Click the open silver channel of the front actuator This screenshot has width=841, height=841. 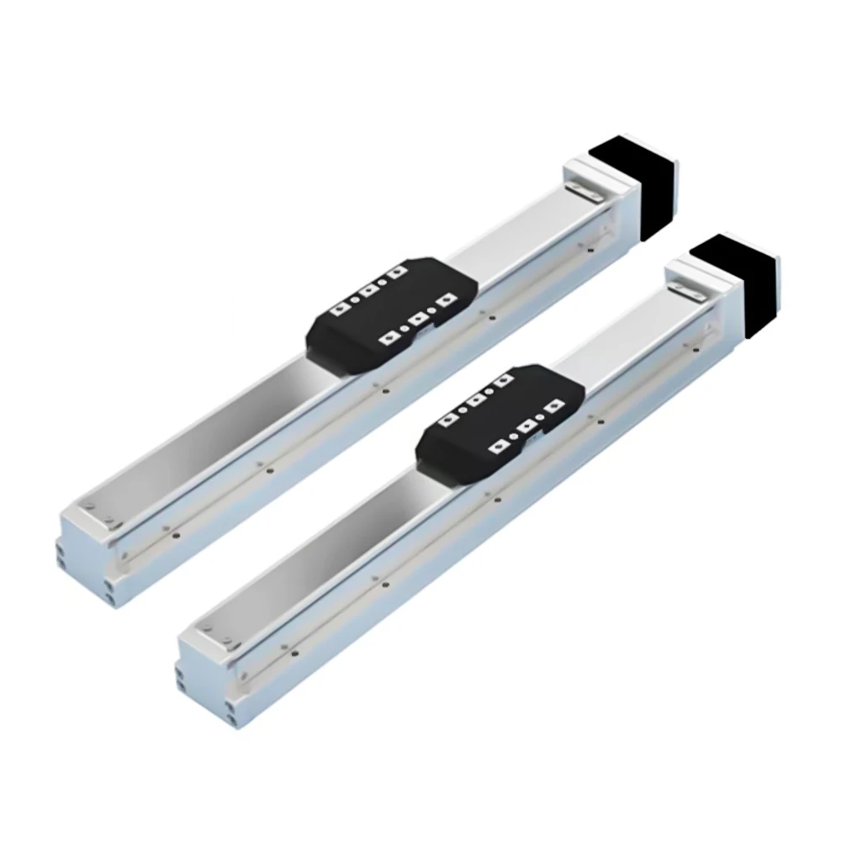click(x=320, y=538)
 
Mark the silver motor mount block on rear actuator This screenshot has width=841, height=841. click(x=593, y=202)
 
